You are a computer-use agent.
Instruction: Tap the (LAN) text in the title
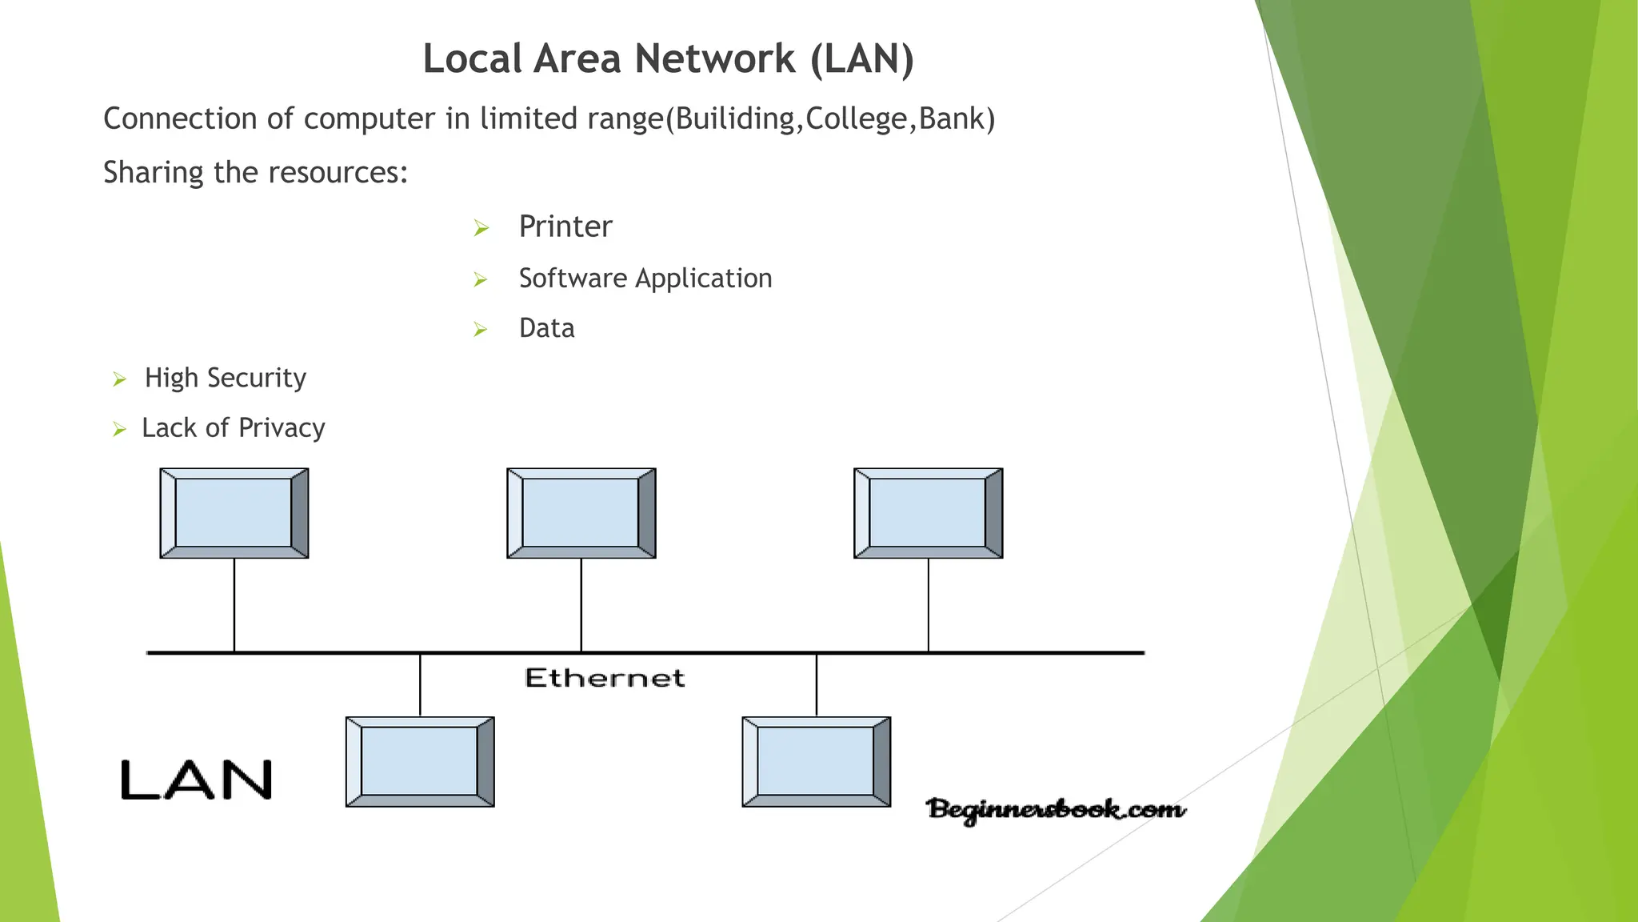(x=862, y=59)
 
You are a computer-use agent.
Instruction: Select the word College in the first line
(x=857, y=118)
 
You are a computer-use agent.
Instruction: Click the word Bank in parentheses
(x=952, y=118)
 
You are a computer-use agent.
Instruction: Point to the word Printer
(x=565, y=226)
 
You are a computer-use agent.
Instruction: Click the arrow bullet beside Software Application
(x=481, y=279)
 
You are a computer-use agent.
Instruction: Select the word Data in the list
(x=546, y=328)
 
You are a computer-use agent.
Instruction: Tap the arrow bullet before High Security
(x=120, y=379)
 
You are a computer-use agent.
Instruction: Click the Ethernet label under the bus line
(x=605, y=678)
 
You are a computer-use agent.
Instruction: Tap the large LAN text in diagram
(x=197, y=780)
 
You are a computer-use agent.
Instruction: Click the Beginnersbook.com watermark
(x=1056, y=809)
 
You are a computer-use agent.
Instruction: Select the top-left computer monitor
(x=234, y=513)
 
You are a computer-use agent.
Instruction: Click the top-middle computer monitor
(x=581, y=513)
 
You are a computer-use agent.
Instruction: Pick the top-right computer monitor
(x=928, y=513)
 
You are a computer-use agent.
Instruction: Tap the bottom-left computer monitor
(x=420, y=761)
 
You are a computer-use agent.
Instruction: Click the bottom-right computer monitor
(x=816, y=761)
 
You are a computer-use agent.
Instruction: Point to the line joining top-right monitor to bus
(x=929, y=605)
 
